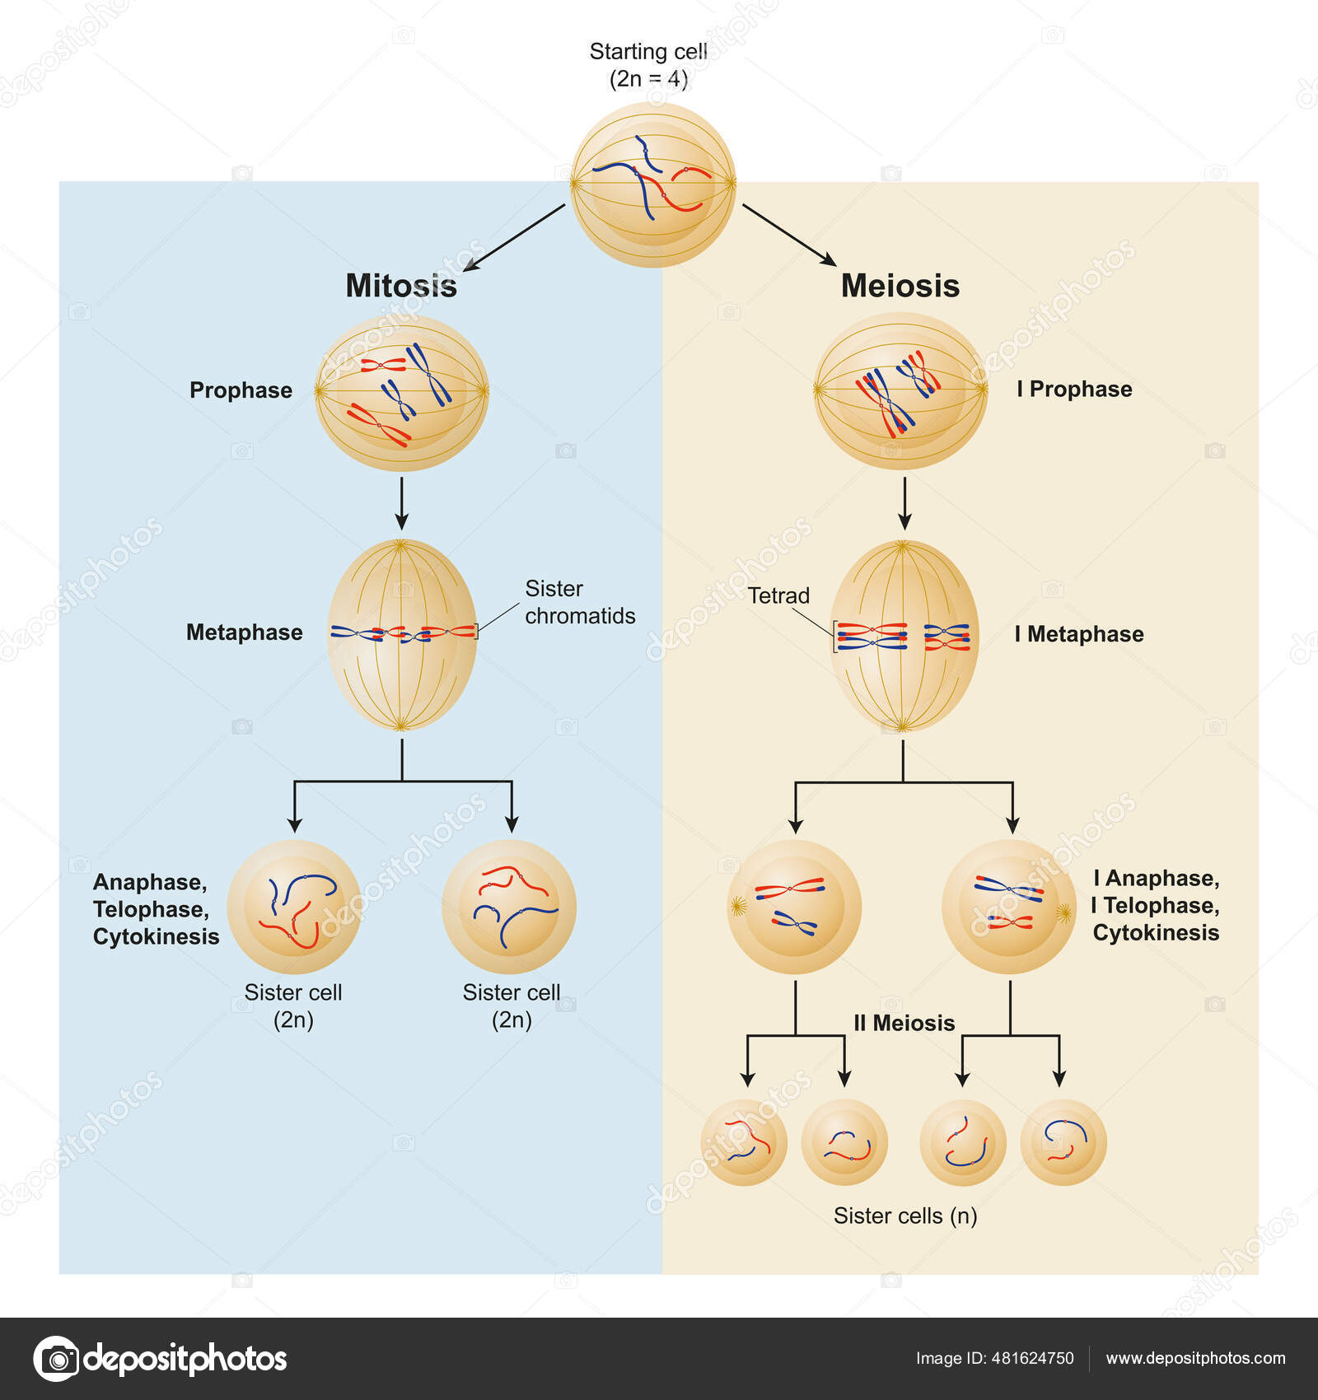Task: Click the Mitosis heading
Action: tap(401, 286)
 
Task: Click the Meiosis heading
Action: tap(900, 286)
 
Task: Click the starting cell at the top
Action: tap(653, 184)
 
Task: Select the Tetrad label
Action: tap(778, 595)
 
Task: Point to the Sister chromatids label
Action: tap(579, 602)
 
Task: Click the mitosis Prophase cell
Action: tap(402, 392)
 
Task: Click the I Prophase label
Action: tap(1074, 389)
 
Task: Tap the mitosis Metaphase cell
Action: tap(402, 634)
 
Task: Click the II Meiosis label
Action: tap(904, 1023)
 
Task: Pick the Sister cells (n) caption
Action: tap(904, 1216)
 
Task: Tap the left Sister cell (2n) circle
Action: tap(293, 907)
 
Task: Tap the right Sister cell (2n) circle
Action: tap(509, 907)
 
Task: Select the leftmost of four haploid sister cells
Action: tap(744, 1142)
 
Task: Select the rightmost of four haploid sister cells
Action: tap(1063, 1142)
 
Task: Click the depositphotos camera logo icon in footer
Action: tap(57, 1359)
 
